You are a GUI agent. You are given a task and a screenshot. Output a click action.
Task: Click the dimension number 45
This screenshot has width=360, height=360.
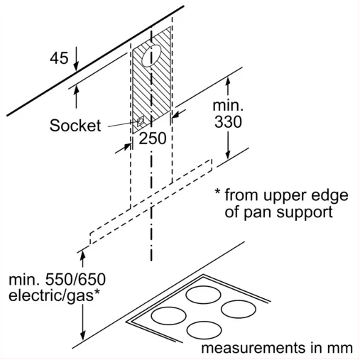click(59, 58)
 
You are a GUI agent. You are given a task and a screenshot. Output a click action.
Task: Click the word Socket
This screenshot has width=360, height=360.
click(75, 125)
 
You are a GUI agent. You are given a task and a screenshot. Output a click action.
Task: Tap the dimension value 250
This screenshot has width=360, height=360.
click(153, 138)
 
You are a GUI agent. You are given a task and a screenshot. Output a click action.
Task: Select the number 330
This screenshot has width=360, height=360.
click(228, 122)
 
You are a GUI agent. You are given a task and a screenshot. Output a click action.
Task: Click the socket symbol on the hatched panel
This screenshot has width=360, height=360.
click(140, 121)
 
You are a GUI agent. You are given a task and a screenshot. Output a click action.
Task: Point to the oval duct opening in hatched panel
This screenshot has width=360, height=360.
click(151, 56)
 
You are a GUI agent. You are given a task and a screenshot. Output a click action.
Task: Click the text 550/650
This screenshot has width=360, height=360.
click(75, 279)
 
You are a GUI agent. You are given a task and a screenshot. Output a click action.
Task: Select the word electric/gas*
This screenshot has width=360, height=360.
click(54, 296)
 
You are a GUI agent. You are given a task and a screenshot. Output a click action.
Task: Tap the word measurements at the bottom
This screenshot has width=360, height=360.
click(253, 348)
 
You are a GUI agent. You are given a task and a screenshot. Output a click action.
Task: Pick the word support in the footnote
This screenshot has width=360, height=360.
click(305, 213)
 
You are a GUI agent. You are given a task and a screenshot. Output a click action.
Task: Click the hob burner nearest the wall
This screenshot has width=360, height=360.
click(203, 295)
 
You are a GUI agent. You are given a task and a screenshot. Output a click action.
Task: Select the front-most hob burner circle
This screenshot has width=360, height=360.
click(204, 330)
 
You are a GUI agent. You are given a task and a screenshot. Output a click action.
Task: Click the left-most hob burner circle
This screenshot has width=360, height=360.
click(168, 316)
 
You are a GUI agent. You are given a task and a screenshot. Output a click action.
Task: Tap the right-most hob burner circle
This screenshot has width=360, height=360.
click(239, 309)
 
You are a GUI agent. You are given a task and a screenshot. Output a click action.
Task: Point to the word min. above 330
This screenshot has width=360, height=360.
click(228, 105)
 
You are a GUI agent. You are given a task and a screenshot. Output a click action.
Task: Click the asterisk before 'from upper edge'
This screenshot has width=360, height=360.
click(217, 192)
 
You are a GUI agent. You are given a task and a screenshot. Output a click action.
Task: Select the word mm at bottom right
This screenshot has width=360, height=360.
click(340, 348)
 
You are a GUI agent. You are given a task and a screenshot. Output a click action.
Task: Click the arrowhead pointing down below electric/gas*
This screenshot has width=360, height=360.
click(82, 335)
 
